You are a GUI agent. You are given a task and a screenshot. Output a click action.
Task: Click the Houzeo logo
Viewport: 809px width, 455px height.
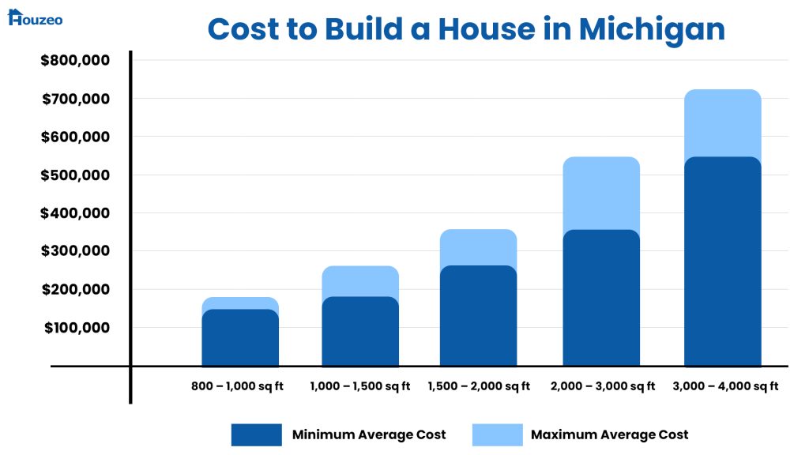35,17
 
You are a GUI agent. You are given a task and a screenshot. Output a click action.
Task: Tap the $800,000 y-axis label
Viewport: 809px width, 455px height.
75,61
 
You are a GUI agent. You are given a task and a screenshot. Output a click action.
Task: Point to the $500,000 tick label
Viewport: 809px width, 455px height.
75,175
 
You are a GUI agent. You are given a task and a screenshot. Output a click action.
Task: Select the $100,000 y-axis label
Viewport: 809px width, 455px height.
75,328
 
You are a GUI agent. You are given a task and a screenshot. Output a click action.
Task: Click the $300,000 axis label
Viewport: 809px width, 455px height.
75,251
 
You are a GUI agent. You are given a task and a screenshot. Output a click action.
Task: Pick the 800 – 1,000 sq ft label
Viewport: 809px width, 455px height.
237,386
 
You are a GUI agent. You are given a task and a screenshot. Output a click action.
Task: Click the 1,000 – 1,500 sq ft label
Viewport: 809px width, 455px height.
360,386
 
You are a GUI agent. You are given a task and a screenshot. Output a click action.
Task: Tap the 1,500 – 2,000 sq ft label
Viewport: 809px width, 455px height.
479,386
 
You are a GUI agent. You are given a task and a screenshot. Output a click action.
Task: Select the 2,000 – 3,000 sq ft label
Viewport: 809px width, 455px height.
601,386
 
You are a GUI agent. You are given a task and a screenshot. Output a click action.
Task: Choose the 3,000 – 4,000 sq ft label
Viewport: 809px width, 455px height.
725,386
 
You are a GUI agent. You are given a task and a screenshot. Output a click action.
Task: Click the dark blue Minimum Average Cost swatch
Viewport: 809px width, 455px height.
256,434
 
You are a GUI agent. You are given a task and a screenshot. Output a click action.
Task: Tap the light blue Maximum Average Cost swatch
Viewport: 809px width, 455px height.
497,434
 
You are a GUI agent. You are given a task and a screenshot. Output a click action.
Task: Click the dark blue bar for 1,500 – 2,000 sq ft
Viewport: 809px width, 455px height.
479,316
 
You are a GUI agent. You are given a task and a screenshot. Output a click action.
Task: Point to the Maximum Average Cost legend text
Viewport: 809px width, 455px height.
609,434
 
